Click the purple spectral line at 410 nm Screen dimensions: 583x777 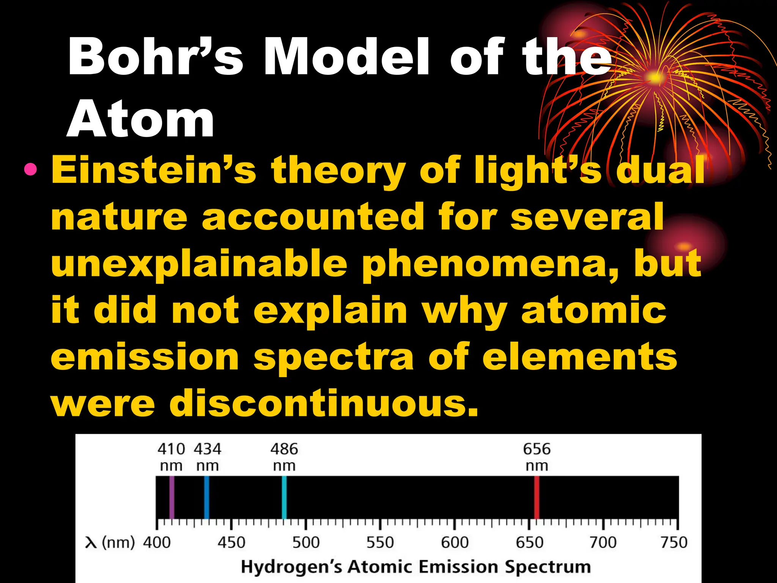tap(171, 497)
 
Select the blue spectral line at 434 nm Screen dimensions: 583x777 tap(207, 497)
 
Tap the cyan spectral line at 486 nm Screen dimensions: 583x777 tap(284, 497)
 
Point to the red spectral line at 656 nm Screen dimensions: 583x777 tap(537, 497)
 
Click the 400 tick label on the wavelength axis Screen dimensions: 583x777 tap(157, 542)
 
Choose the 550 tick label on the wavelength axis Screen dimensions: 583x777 tap(380, 542)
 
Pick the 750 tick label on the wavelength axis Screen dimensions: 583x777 tap(674, 542)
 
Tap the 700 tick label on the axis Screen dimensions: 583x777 tap(603, 542)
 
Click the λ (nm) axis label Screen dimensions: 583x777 tap(110, 542)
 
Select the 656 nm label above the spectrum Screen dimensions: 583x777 tap(537, 457)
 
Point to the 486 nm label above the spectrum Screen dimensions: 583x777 tap(284, 457)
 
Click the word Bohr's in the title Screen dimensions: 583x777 tap(156, 58)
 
